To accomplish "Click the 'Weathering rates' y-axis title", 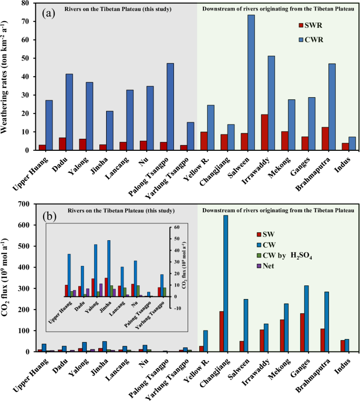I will tap(8, 76).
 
